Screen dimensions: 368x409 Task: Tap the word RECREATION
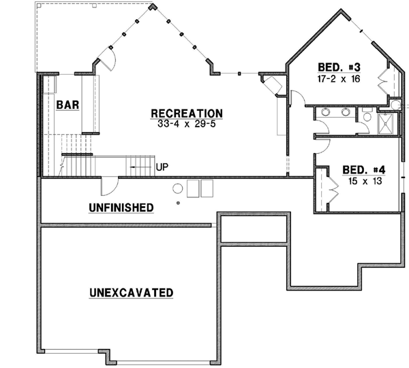click(186, 113)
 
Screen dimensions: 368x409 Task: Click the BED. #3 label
click(339, 67)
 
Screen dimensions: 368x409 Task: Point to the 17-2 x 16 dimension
click(339, 78)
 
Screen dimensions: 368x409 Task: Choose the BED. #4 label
click(364, 169)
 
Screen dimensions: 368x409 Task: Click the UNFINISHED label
click(120, 207)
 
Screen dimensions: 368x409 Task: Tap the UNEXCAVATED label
click(130, 293)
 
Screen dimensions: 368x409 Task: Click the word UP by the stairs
click(162, 166)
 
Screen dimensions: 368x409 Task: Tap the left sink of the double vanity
click(325, 112)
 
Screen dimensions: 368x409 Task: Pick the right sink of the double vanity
click(346, 112)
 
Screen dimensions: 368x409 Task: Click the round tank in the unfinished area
click(178, 188)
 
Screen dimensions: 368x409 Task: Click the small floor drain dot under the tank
click(178, 203)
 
